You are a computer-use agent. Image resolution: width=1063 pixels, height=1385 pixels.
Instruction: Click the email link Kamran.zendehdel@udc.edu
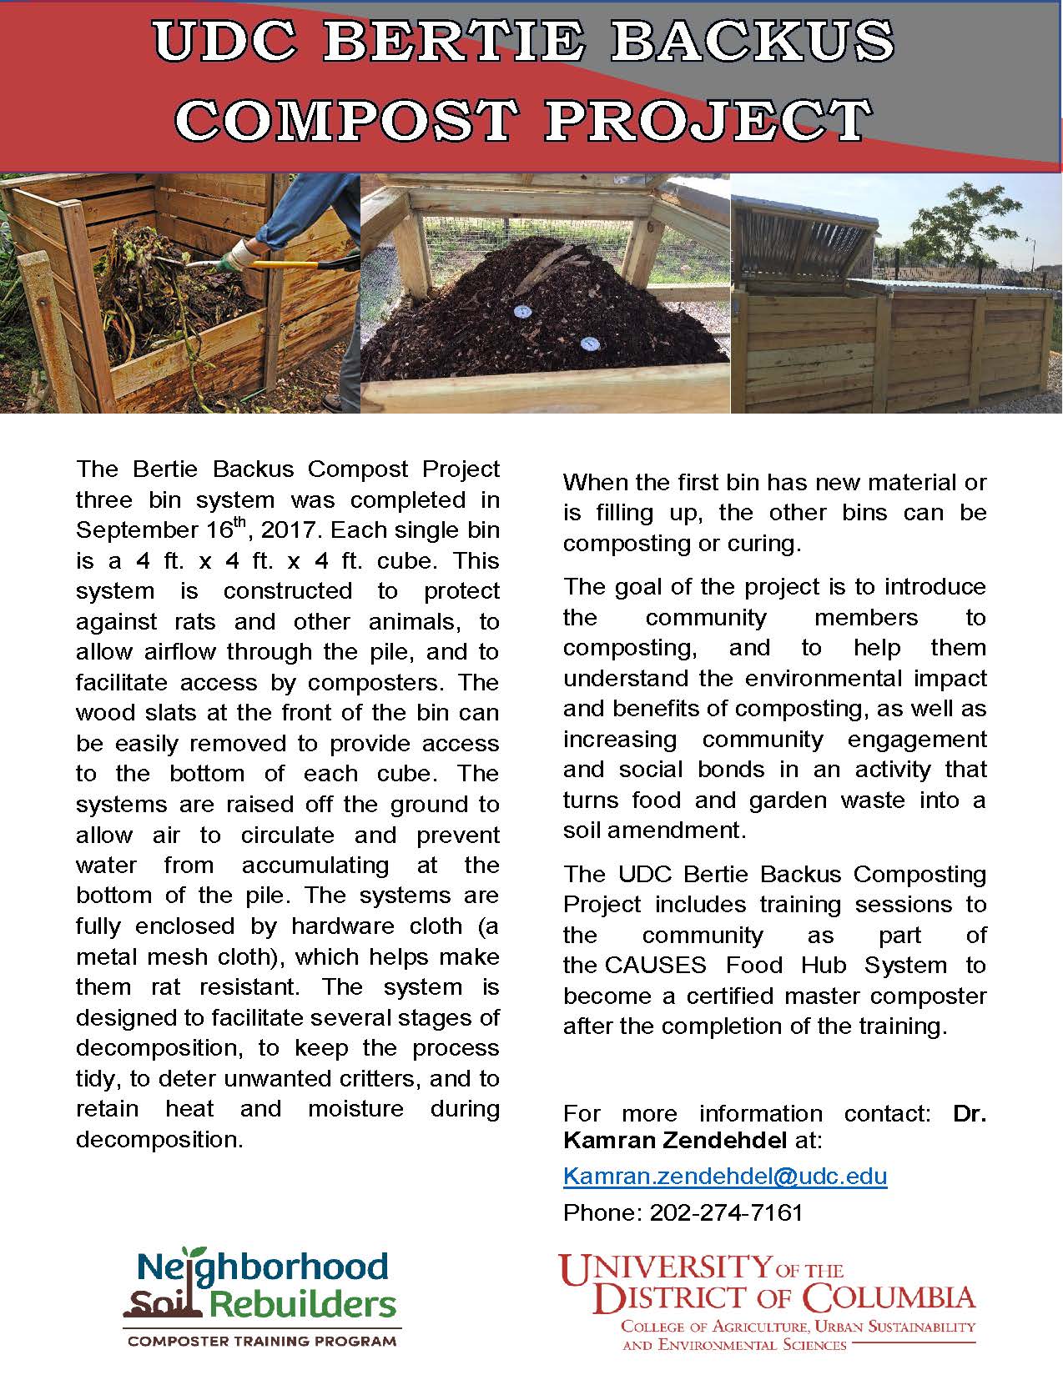click(725, 1176)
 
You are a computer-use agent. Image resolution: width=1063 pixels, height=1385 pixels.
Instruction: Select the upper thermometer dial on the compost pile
click(519, 313)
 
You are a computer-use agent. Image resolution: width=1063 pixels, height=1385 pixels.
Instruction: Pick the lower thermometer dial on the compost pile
click(590, 343)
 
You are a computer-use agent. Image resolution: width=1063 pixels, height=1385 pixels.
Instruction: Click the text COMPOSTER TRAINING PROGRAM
click(261, 1342)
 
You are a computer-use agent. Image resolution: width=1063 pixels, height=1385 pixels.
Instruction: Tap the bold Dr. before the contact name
click(969, 1113)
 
